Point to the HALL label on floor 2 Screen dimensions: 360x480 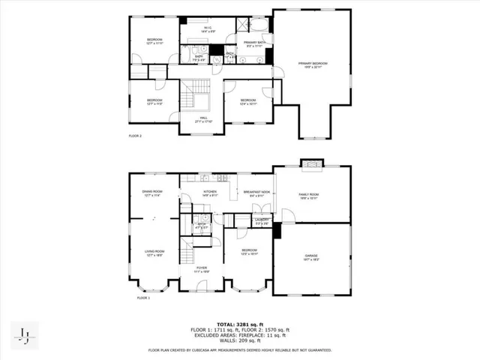pyautogui.click(x=202, y=119)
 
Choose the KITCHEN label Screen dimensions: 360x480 pyautogui.click(x=209, y=193)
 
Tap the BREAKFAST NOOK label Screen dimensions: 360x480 pyautogui.click(x=256, y=193)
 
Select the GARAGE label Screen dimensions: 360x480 pyautogui.click(x=311, y=257)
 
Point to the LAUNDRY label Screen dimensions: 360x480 pyautogui.click(x=261, y=221)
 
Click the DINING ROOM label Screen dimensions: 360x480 pyautogui.click(x=152, y=193)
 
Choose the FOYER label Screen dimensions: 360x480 pyautogui.click(x=202, y=268)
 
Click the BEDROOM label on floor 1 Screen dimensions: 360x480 pyautogui.click(x=249, y=251)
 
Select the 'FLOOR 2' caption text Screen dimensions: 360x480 pyautogui.click(x=135, y=136)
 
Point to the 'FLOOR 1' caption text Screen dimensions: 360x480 pyautogui.click(x=143, y=298)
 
